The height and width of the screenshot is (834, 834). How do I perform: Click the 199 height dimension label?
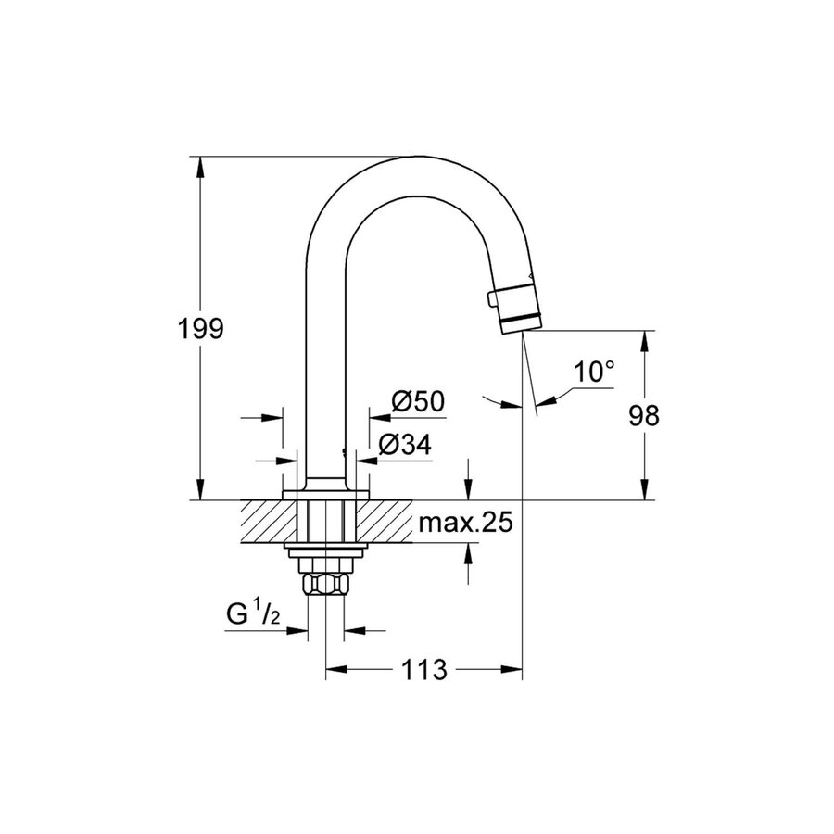(x=200, y=328)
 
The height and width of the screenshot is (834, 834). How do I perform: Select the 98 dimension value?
(x=644, y=416)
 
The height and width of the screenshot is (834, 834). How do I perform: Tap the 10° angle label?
(x=594, y=373)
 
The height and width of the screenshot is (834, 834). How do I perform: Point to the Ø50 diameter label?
(x=418, y=401)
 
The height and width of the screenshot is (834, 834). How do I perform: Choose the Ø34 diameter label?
(x=405, y=445)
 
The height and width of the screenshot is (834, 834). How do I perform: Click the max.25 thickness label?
(x=464, y=524)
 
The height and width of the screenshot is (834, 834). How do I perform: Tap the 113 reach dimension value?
(x=423, y=669)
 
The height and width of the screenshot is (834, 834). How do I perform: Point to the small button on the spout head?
(x=491, y=298)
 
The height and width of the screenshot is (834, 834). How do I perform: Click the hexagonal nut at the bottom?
(x=324, y=584)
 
